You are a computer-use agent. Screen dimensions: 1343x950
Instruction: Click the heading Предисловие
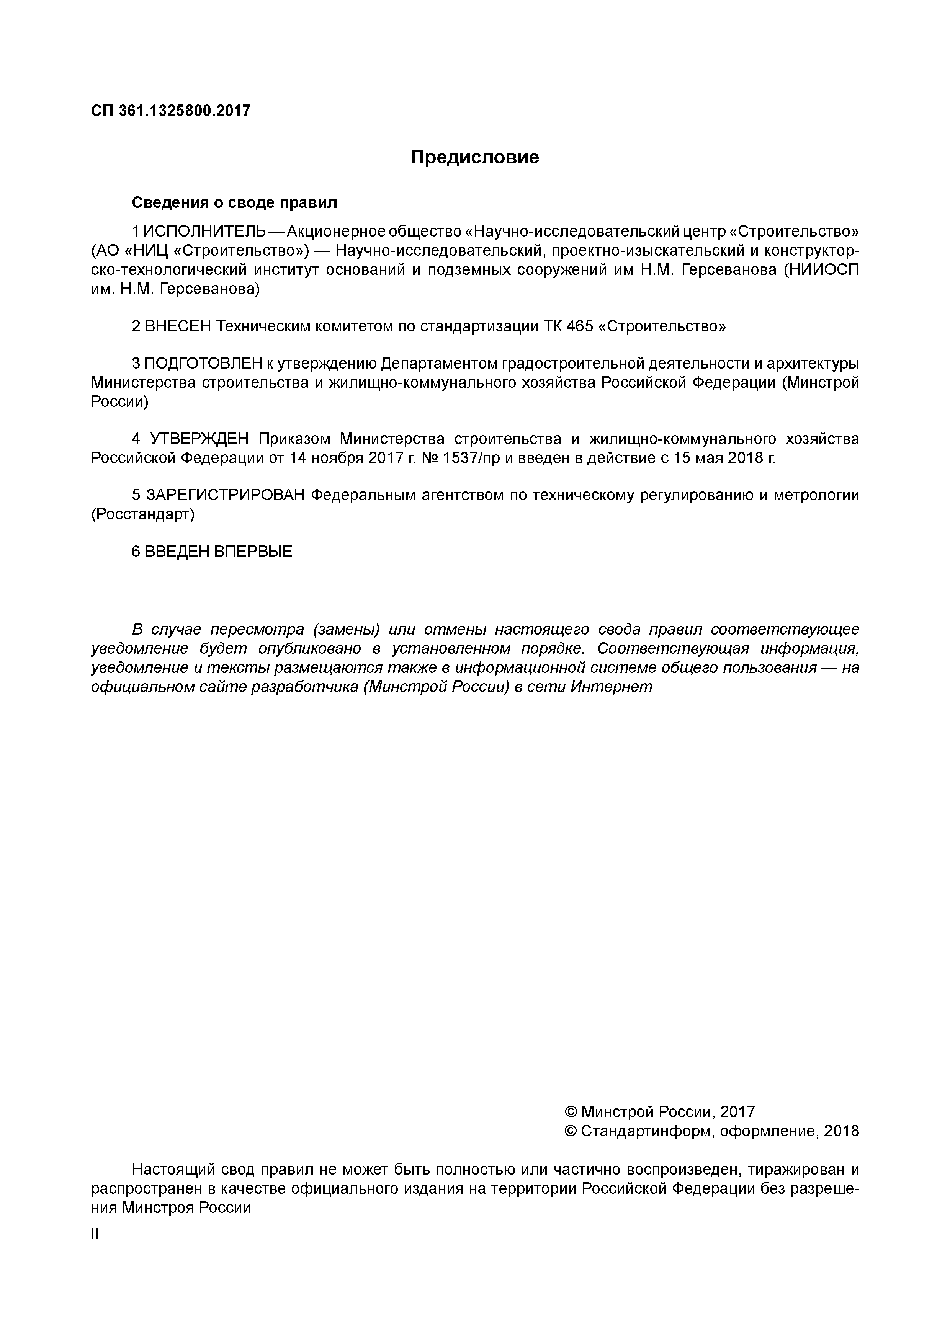coord(475,157)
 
